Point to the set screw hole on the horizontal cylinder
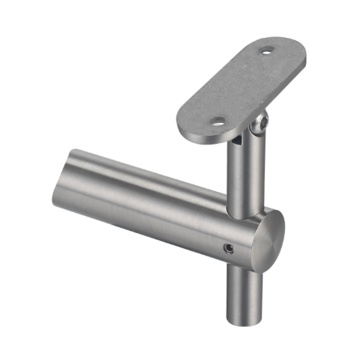[229, 246]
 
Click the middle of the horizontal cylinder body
[160, 215]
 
